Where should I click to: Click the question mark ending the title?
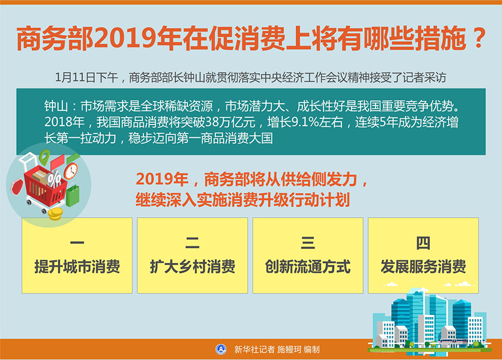[x=479, y=39]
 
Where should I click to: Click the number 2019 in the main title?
[x=124, y=39]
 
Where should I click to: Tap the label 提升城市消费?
[x=77, y=266]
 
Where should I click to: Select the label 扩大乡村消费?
[x=192, y=266]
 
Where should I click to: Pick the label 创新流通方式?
[x=308, y=266]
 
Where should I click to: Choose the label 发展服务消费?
[x=423, y=266]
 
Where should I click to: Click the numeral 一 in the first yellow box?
[x=77, y=243]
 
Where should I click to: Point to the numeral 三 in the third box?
[x=308, y=243]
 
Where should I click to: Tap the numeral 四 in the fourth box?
[x=423, y=243]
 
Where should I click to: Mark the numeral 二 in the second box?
[x=192, y=243]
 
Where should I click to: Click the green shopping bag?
[x=73, y=195]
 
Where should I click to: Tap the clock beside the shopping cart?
[x=71, y=171]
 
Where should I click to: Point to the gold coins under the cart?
[x=55, y=214]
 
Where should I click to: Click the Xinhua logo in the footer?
[x=221, y=349]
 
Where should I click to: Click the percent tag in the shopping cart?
[x=54, y=178]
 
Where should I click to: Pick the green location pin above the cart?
[x=45, y=157]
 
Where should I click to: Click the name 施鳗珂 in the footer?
[x=289, y=349]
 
